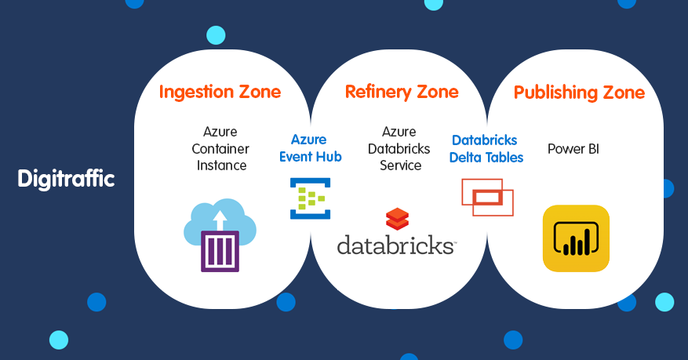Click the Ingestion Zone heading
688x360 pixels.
(x=220, y=92)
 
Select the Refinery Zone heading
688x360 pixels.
(x=402, y=92)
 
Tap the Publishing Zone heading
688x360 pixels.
(x=579, y=93)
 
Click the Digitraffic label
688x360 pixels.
(x=66, y=179)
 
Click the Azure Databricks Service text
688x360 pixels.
(x=400, y=148)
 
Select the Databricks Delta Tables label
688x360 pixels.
(x=486, y=148)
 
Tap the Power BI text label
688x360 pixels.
(x=573, y=148)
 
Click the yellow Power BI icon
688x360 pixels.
(x=576, y=238)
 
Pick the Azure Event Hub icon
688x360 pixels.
(x=310, y=198)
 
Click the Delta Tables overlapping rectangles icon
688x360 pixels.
(x=486, y=197)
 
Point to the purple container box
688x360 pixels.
(x=220, y=250)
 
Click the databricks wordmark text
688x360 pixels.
(x=396, y=245)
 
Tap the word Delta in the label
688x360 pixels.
(x=465, y=157)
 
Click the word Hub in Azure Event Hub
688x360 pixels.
(x=329, y=156)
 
